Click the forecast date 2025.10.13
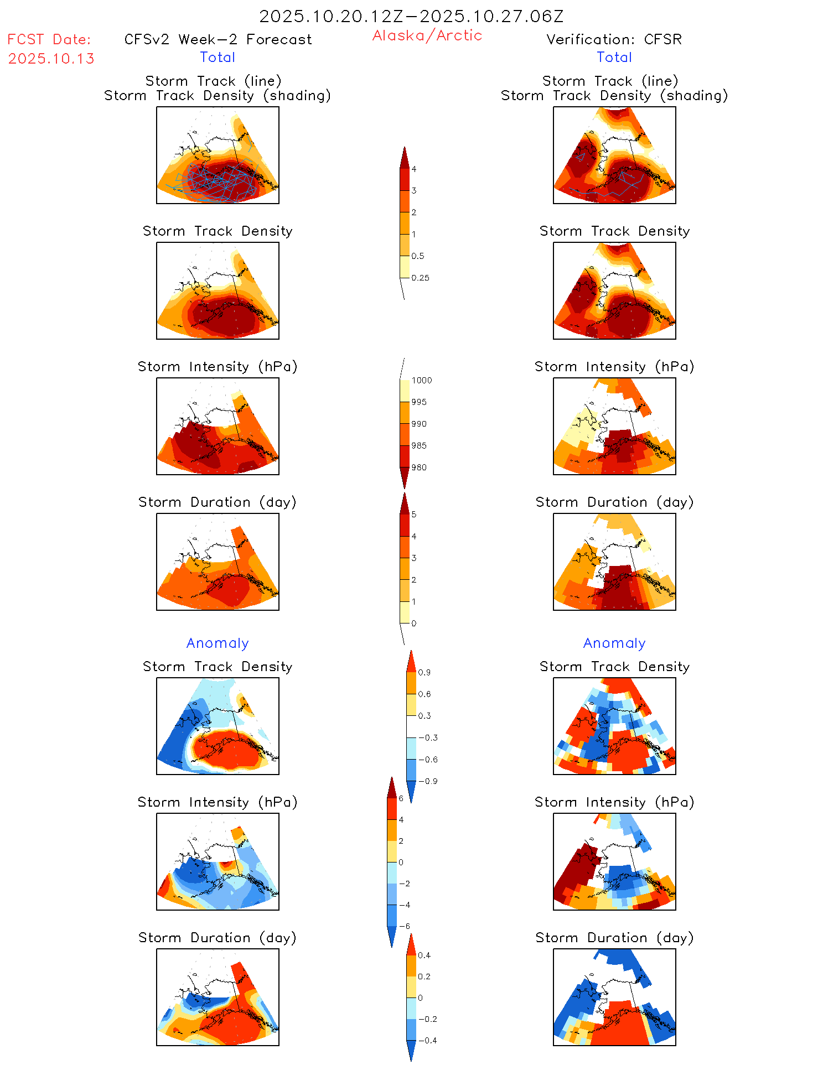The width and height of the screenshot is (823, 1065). pos(51,59)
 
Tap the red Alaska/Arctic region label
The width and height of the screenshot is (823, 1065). pos(427,35)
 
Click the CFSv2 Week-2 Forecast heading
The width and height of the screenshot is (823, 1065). pos(218,39)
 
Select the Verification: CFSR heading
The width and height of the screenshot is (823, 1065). pos(614,39)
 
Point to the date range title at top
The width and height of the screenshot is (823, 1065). pos(411,16)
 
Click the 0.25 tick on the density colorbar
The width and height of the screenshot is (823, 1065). pos(420,278)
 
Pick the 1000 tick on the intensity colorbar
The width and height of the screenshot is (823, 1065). pos(421,380)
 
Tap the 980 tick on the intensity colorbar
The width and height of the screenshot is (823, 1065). pos(419,467)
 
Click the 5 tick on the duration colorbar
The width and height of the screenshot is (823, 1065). pos(413,515)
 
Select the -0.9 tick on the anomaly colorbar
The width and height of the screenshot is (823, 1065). pos(428,781)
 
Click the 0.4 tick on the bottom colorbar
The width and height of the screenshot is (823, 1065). pos(424,955)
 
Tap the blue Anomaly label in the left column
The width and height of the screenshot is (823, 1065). pos(218,643)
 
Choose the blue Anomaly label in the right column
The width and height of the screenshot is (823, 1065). pos(614,643)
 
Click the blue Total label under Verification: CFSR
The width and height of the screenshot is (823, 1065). pos(614,57)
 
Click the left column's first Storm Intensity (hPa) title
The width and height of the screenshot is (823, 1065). pos(218,366)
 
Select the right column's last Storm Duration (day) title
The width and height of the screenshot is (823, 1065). pos(614,937)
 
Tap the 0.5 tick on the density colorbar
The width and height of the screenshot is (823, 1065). pos(418,256)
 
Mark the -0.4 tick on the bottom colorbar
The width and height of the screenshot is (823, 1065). pos(427,1040)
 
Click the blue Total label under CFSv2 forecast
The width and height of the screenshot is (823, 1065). pos(218,57)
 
